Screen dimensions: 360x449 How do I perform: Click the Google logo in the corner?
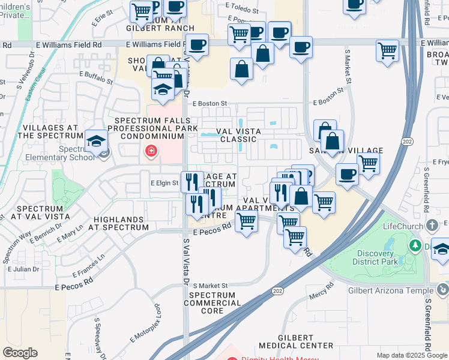pyautogui.click(x=20, y=353)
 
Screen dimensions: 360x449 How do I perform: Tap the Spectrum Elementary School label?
pyautogui.click(x=77, y=153)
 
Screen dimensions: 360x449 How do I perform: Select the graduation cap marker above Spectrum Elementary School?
pyautogui.click(x=95, y=141)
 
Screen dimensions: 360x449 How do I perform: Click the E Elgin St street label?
pyautogui.click(x=164, y=182)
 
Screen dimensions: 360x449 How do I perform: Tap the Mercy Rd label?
pyautogui.click(x=322, y=293)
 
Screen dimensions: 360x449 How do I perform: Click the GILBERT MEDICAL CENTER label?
pyautogui.click(x=296, y=341)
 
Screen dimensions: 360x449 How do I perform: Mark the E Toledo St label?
pyautogui.click(x=242, y=11)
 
